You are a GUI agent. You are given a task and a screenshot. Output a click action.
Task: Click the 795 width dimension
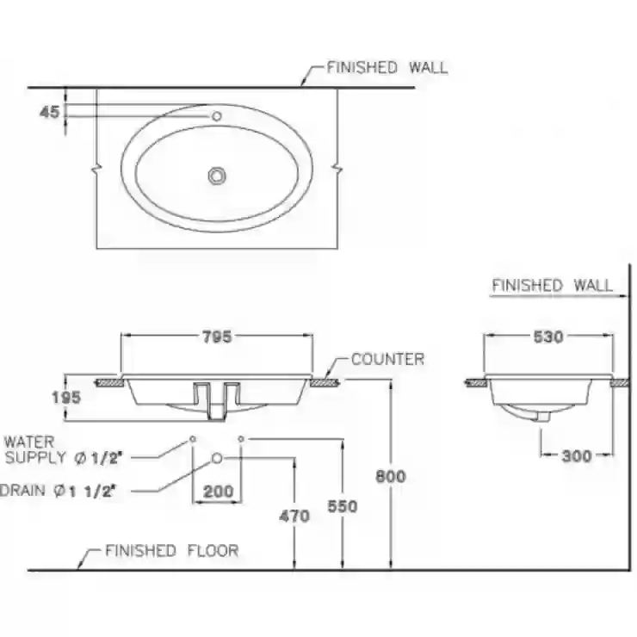tap(217, 337)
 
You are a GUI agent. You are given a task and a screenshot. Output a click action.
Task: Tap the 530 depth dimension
tap(548, 337)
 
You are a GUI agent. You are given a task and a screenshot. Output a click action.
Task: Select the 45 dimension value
tap(50, 112)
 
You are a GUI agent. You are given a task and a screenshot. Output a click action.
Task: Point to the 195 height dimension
tap(66, 398)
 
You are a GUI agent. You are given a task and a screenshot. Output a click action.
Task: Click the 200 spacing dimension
tap(218, 492)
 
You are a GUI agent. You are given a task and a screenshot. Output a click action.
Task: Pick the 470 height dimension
tap(294, 516)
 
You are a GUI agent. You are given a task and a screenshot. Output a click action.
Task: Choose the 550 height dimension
tap(343, 506)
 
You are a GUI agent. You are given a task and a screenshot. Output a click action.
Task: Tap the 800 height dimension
tap(391, 476)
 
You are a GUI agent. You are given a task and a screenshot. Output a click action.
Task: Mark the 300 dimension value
tap(577, 456)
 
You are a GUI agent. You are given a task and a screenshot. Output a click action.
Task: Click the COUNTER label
tap(387, 359)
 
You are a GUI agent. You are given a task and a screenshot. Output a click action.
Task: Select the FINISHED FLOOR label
tap(172, 551)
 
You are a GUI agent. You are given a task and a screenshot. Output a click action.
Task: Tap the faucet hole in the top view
tap(217, 116)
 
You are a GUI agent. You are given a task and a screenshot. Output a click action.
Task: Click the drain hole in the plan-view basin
tap(217, 176)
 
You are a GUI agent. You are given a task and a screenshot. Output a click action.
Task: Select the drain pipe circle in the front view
tap(217, 458)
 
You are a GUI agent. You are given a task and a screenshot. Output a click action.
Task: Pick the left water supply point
tap(193, 439)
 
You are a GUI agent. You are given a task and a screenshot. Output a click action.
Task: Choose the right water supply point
tap(241, 439)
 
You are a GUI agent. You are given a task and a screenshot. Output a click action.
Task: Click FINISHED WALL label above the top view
tap(387, 67)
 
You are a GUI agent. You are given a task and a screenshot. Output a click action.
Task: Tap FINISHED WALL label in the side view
tap(553, 285)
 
